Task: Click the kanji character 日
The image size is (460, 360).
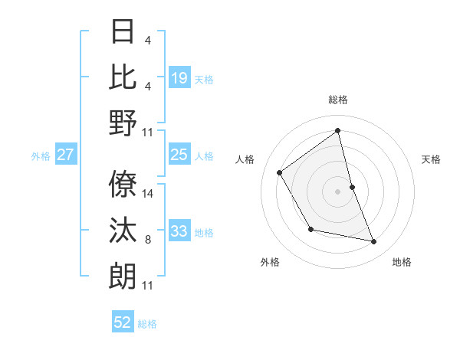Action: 123,32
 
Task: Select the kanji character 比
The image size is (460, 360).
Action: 123,77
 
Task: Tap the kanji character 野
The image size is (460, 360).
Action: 123,123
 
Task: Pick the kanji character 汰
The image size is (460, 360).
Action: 123,231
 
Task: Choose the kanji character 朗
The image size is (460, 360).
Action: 123,276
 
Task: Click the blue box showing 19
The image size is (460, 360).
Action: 179,77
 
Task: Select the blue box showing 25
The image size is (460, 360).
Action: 179,155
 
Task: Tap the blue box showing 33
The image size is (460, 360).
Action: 179,231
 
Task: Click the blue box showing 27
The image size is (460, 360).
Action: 66,155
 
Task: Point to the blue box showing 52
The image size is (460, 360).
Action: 123,322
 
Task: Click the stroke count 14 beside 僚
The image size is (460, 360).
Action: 148,194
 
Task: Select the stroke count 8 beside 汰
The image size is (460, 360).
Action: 148,240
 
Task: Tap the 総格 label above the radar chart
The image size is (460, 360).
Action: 338,100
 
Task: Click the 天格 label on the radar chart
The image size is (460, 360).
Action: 431,159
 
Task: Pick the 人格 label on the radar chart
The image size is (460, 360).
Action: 245,159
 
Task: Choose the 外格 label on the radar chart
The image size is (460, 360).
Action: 270,262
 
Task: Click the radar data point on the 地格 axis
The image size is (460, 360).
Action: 374,242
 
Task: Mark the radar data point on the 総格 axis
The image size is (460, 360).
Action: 338,130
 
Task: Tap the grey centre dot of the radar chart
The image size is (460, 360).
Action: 338,191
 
